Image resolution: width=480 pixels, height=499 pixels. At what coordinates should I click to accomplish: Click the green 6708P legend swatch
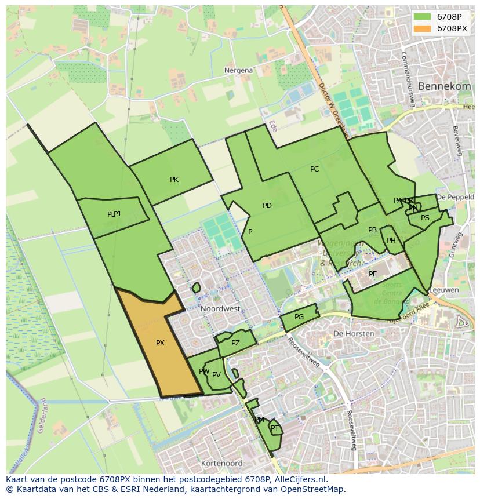coord(423,17)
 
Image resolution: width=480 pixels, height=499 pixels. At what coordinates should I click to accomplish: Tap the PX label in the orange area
coord(160,343)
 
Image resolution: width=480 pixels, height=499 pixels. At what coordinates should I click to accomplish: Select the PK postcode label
coord(174,180)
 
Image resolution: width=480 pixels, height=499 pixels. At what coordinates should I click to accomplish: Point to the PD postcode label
coord(267,206)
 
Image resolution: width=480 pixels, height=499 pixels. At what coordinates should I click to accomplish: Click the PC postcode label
coord(314,169)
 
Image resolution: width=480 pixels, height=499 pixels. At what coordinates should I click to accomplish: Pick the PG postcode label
coord(299,317)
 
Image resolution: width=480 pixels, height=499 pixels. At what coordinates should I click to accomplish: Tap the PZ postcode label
coord(235,343)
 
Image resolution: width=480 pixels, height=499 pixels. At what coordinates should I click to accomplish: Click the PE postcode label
coord(373,274)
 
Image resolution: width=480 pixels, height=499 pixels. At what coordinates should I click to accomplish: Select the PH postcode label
coord(391,241)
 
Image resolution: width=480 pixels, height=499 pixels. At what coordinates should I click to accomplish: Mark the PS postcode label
coord(425,218)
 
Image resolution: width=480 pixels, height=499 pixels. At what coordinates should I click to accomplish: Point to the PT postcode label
coord(275,428)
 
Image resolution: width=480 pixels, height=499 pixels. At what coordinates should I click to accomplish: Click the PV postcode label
coord(216,375)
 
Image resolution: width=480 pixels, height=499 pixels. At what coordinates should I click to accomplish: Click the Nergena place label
coord(238,70)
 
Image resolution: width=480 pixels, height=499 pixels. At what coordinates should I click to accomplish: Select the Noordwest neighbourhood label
coord(220,309)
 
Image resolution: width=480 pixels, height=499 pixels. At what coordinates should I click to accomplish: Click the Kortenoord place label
coord(221,464)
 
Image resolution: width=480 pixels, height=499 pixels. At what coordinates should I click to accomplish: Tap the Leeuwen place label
coord(446,290)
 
